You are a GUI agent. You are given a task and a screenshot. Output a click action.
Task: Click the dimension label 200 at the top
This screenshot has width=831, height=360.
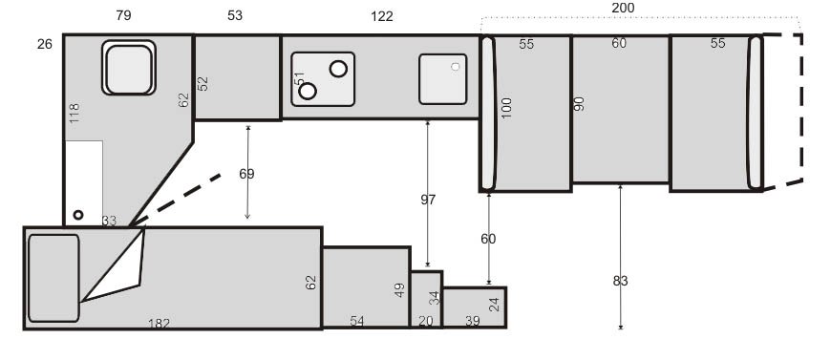623,8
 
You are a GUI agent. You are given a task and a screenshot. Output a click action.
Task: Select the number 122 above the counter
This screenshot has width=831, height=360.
381,16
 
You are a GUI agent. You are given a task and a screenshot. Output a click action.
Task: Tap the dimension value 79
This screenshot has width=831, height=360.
123,15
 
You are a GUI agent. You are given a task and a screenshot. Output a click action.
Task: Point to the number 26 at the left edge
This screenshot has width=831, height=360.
45,44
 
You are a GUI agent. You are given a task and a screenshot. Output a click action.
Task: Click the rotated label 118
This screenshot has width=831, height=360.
75,114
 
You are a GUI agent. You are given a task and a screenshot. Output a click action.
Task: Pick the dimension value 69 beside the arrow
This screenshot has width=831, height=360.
246,174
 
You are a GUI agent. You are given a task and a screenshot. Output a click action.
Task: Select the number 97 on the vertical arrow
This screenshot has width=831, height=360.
428,200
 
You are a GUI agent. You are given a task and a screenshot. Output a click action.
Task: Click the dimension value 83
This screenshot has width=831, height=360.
621,281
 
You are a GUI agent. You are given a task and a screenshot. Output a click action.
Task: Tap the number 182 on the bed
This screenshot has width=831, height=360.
159,324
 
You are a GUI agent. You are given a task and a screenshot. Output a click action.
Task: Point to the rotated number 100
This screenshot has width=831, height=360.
506,108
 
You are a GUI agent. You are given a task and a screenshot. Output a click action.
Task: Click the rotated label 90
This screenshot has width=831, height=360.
579,104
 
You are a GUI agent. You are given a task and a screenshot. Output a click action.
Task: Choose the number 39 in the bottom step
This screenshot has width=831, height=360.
473,321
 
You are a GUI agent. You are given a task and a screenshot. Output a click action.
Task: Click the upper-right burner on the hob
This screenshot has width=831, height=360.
338,69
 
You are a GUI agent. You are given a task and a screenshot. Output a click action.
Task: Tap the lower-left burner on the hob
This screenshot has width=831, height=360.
308,91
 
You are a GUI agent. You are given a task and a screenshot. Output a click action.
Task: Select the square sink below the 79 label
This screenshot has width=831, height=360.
129,68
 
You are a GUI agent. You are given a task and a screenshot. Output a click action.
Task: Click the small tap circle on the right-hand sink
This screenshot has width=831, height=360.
456,67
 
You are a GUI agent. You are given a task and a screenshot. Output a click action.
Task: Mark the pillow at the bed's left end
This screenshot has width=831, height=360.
53,278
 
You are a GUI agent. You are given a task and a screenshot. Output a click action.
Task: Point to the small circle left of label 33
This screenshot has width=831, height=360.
78,215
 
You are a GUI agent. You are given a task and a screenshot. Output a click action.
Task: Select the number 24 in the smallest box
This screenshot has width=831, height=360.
494,305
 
